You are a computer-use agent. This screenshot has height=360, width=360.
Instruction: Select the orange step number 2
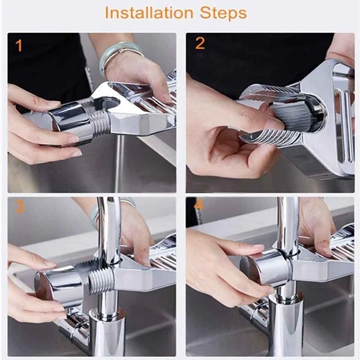(x=200, y=44)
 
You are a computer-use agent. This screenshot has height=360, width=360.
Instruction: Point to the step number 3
(x=20, y=207)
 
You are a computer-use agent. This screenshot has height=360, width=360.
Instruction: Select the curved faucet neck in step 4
(x=288, y=222)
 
